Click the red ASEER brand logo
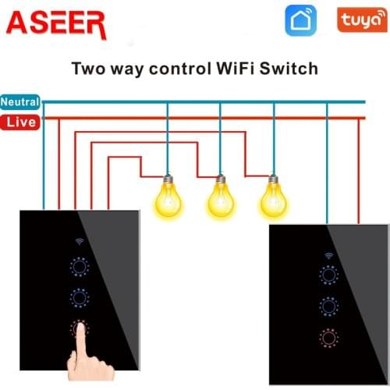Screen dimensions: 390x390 [x=56, y=25]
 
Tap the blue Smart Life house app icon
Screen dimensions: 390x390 [x=301, y=20]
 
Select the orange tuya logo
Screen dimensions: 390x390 [x=362, y=19]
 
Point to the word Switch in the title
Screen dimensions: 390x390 [x=289, y=69]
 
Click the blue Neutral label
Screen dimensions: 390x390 [x=20, y=102]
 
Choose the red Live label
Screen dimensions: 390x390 [x=20, y=122]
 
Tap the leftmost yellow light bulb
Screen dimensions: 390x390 [x=168, y=196]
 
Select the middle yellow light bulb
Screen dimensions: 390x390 [x=221, y=196]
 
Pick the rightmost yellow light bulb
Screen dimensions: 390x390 [x=274, y=196]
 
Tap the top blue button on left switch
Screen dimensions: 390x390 [x=80, y=267]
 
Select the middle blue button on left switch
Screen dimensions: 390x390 [x=80, y=298]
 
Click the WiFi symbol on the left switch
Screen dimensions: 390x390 [x=80, y=242]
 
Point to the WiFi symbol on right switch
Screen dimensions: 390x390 [x=329, y=256]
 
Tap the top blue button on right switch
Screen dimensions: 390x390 [x=329, y=275]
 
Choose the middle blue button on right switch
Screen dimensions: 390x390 [x=329, y=307]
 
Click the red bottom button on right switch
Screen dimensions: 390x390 [x=329, y=338]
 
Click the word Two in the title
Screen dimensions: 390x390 [x=89, y=69]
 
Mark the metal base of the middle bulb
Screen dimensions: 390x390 [x=221, y=179]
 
